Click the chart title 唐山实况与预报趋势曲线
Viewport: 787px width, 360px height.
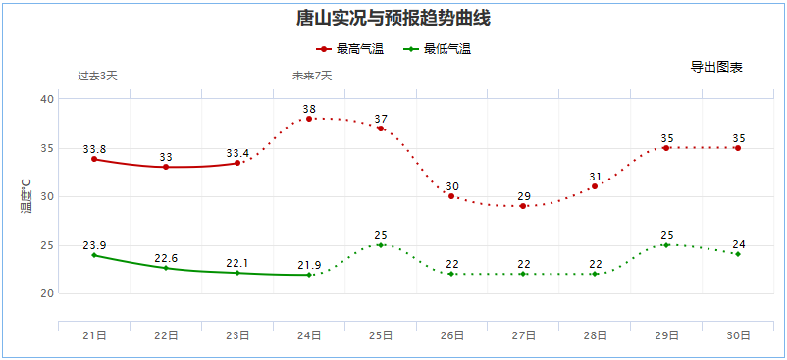(393, 18)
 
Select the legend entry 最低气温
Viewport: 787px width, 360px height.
(438, 48)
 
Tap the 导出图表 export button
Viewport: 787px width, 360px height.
(716, 67)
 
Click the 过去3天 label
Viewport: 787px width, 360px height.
(97, 76)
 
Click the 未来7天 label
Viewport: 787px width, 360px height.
(312, 76)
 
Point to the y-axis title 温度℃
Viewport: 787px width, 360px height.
(26, 196)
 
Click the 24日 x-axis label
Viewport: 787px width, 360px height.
(309, 335)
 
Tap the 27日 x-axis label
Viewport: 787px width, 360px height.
(524, 335)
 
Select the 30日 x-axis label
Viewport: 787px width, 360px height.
(738, 335)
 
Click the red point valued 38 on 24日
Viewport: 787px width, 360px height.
(309, 119)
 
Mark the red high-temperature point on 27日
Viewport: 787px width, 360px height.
(524, 206)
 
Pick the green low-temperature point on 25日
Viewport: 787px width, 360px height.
(381, 244)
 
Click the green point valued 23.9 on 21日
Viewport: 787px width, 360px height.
(94, 255)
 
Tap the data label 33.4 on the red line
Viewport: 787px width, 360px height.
(237, 153)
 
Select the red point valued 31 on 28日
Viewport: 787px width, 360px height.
(595, 186)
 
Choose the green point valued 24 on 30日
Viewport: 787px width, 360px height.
(738, 254)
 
